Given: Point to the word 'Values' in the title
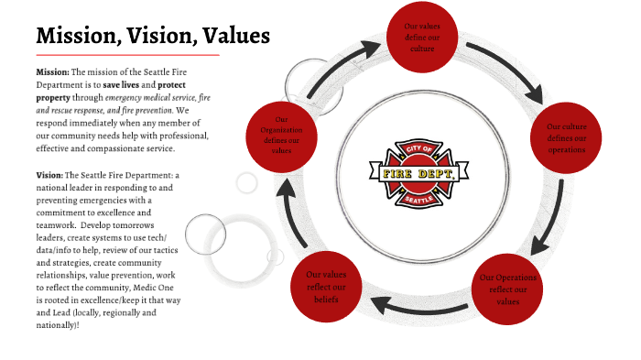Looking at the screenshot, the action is [x=236, y=37].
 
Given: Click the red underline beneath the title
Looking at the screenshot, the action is [x=127, y=55].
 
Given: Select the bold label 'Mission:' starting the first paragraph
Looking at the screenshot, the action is [x=52, y=71].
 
